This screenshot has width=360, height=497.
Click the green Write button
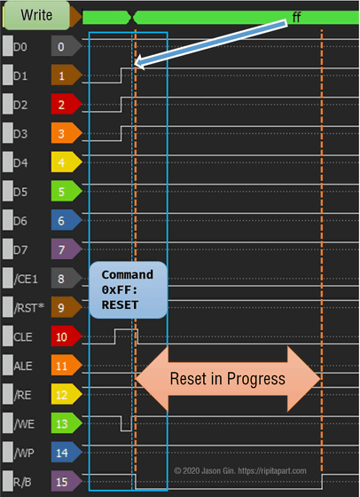click(36, 15)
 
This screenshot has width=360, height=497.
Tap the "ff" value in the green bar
click(296, 17)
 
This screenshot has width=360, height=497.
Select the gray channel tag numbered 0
click(67, 46)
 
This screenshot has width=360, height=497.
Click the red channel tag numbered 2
click(67, 105)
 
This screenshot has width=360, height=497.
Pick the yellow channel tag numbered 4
click(67, 162)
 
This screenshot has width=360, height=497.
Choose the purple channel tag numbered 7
click(67, 249)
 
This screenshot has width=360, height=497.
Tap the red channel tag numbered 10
click(67, 336)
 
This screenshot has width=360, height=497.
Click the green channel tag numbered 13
click(67, 424)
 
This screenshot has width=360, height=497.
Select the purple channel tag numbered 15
click(67, 482)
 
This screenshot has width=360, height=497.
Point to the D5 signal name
click(20, 192)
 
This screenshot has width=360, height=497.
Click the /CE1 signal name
click(26, 280)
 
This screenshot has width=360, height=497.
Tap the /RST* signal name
click(28, 308)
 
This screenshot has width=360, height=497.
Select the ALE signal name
click(23, 366)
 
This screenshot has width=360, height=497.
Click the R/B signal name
click(22, 482)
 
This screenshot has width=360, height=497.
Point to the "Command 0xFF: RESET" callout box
click(129, 289)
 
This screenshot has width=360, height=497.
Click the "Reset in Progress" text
click(228, 379)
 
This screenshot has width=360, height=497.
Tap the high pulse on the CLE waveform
click(126, 329)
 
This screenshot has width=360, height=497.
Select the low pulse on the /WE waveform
click(126, 430)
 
